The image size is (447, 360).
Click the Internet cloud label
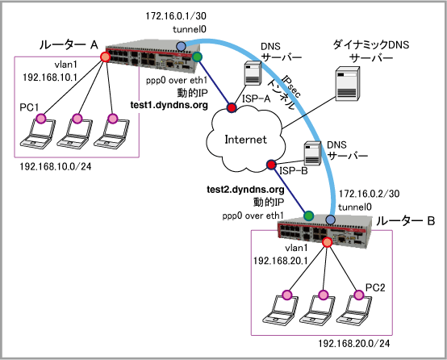pyautogui.click(x=246, y=140)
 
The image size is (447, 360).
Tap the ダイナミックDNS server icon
pyautogui.click(x=347, y=84)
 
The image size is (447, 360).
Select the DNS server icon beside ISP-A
pyautogui.click(x=253, y=73)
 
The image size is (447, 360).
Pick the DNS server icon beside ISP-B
pyautogui.click(x=312, y=153)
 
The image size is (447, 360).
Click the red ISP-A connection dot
pyautogui.click(x=232, y=108)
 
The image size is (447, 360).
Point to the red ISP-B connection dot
pyautogui.click(x=271, y=165)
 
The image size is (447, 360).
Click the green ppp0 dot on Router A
pyautogui.click(x=197, y=57)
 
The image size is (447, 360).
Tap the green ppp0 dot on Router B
pyautogui.click(x=308, y=216)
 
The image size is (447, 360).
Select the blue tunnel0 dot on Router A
pyautogui.click(x=181, y=46)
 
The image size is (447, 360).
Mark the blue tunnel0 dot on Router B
pyautogui.click(x=331, y=220)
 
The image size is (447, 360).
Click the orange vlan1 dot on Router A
pyautogui.click(x=105, y=57)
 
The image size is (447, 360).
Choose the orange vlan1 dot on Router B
pyautogui.click(x=328, y=242)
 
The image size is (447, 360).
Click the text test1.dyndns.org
pyautogui.click(x=169, y=105)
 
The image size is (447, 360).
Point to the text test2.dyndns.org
pyautogui.click(x=246, y=190)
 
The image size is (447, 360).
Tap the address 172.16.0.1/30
pyautogui.click(x=176, y=16)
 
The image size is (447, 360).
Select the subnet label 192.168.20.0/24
pyautogui.click(x=354, y=344)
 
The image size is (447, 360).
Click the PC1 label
pyautogui.click(x=29, y=107)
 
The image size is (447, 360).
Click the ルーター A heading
pyautogui.click(x=69, y=44)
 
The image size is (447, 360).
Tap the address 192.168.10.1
pyautogui.click(x=50, y=77)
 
